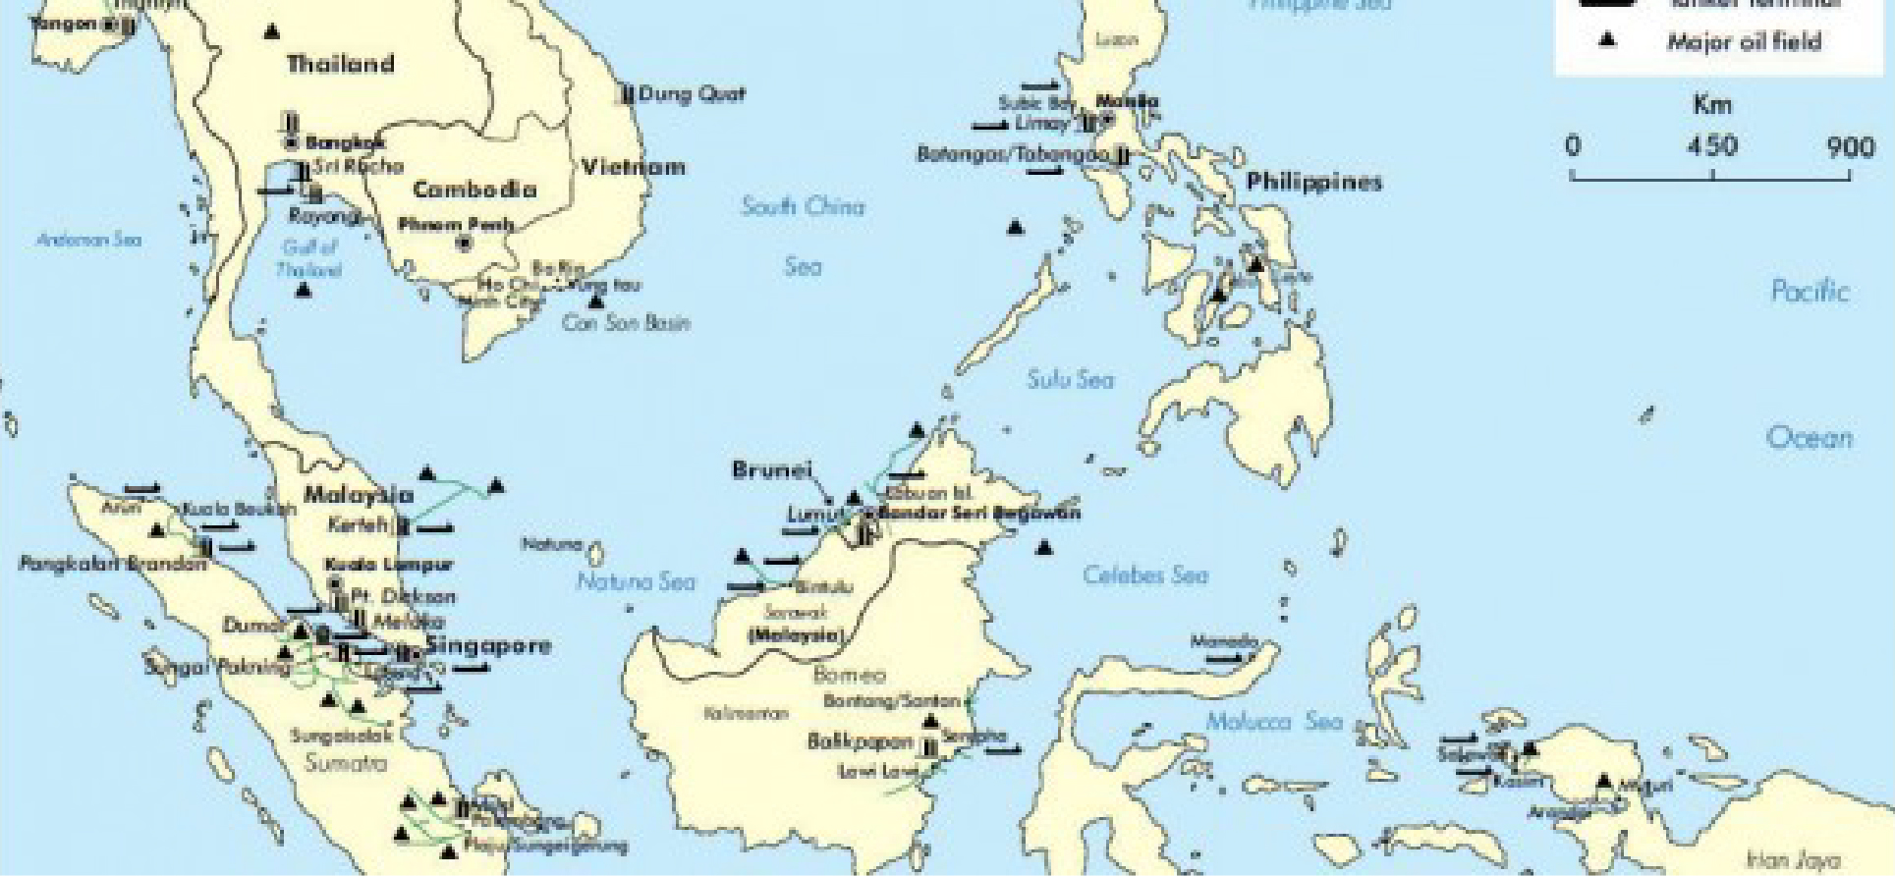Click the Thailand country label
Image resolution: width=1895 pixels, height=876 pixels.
(340, 65)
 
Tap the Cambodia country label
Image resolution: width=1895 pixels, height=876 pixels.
(474, 190)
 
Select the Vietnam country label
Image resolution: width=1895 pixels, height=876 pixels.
(633, 167)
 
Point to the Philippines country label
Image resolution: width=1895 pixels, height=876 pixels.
(1313, 183)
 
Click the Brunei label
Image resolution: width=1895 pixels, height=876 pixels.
(772, 470)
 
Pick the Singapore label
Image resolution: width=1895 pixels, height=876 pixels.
(487, 646)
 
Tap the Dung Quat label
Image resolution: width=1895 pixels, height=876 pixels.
(692, 94)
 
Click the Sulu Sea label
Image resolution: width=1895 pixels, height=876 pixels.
(1070, 379)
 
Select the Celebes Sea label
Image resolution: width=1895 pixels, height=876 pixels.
(1144, 575)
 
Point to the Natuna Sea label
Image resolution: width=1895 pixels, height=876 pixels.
(635, 581)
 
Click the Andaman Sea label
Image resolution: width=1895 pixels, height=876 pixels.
(88, 240)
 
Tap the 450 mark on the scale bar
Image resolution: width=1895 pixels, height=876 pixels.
(1711, 146)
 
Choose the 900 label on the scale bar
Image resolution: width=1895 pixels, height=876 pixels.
(1851, 146)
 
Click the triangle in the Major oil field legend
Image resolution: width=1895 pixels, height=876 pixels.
(1607, 41)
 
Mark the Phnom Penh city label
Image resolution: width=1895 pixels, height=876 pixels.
(456, 225)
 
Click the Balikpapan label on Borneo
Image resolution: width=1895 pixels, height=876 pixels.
(860, 741)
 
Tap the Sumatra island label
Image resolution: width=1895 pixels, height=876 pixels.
(341, 763)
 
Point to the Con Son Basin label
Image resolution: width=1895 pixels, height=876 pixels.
(626, 323)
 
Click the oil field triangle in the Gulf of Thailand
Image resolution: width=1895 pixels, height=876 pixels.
(304, 290)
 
